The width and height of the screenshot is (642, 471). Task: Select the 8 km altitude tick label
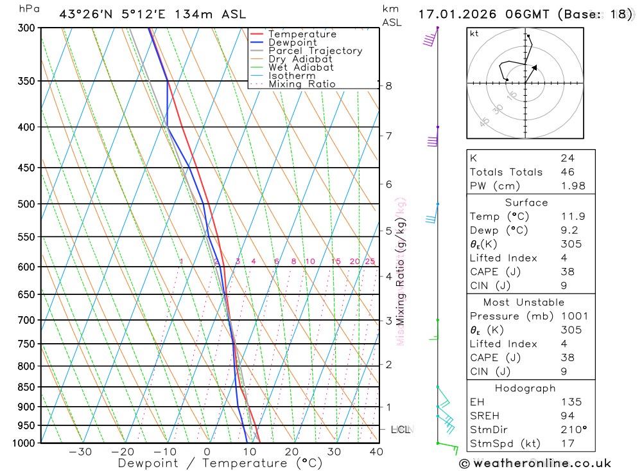(x=389, y=85)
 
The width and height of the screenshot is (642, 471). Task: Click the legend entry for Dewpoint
(x=293, y=42)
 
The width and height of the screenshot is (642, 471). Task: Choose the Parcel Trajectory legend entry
(x=315, y=51)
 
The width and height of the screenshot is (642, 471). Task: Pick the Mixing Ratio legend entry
(x=302, y=84)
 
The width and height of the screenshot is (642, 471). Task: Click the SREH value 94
(x=567, y=416)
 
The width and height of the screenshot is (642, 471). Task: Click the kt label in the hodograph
(x=474, y=33)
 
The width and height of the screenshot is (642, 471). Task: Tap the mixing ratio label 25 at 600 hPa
(x=370, y=262)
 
